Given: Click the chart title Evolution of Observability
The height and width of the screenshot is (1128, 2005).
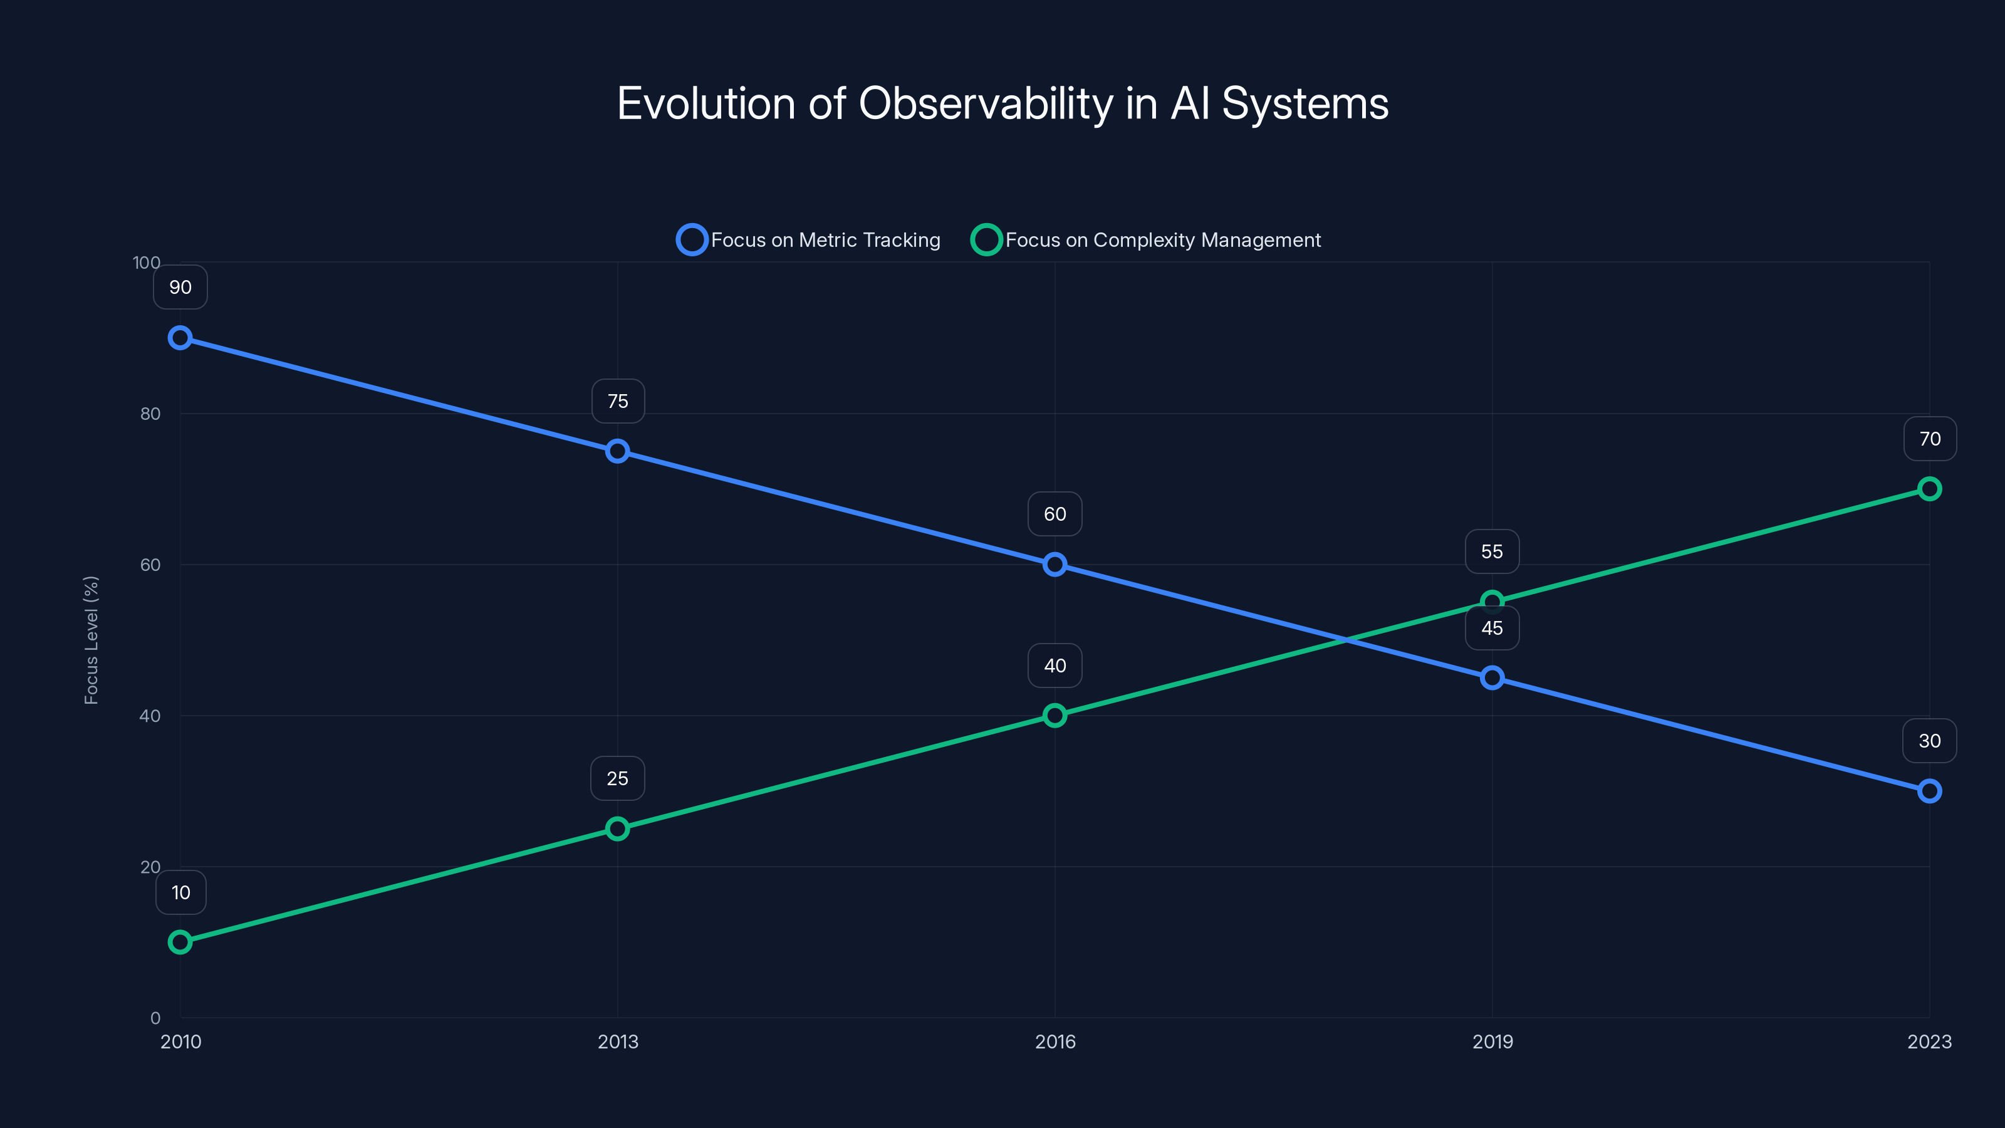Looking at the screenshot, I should point(1002,103).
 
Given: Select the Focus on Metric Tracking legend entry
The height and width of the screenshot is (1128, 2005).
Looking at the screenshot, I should point(810,240).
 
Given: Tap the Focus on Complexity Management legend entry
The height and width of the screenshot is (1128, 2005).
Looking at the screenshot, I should point(1146,240).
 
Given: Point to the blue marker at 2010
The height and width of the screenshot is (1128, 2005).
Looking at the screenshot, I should point(180,338).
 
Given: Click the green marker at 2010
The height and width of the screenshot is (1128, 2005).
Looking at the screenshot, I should point(180,942).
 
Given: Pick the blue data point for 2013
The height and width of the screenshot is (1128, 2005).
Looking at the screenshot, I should point(617,451).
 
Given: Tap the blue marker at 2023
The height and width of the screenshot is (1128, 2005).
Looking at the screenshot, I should point(1930,791).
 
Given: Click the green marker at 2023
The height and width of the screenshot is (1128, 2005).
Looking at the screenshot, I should point(1930,489).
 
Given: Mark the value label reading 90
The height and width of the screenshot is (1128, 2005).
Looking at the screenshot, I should point(180,287).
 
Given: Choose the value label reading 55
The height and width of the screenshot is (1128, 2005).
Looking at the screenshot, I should point(1492,552).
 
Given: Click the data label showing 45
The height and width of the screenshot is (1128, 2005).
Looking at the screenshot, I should point(1492,628).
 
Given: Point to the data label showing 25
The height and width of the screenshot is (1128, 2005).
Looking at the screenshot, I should point(617,778).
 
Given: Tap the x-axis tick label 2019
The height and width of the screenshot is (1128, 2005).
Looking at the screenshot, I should point(1492,1042).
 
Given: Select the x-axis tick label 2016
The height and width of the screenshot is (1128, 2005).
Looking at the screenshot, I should point(1055,1042).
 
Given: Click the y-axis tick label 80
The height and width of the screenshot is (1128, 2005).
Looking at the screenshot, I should point(150,414).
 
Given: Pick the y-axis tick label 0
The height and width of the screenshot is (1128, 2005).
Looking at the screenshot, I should point(155,1018).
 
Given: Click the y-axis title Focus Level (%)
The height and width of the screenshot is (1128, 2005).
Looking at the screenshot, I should point(91,640).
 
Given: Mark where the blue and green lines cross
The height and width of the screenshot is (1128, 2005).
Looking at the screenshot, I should point(1346,640).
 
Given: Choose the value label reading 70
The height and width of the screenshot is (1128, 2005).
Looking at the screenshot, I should point(1930,439).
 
